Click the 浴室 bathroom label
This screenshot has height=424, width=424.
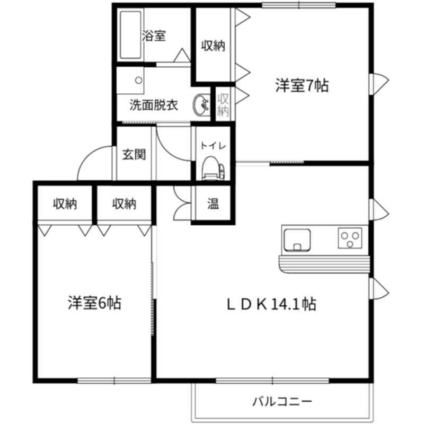point(154,36)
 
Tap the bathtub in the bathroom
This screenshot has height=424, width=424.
point(130,35)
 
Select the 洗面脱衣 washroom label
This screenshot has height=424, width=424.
point(154,105)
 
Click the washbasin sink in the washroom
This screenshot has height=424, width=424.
point(201,104)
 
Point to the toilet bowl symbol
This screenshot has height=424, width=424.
point(213,168)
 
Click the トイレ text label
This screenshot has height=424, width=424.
point(213,146)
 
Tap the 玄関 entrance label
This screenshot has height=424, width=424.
point(134,155)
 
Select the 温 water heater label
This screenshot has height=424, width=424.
point(213,204)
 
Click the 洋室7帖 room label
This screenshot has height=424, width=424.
point(302,85)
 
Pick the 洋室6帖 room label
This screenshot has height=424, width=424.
point(94,303)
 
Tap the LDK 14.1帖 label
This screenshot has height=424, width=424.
point(271,304)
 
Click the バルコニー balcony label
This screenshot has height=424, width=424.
point(282,401)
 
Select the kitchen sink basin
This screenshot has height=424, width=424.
point(297,240)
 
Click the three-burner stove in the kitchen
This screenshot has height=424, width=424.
point(350,238)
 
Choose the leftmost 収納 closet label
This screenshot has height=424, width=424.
point(65,204)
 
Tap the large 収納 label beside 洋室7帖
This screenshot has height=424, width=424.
point(213,46)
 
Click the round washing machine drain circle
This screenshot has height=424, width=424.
point(139,81)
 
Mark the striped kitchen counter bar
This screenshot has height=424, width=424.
point(324,264)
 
